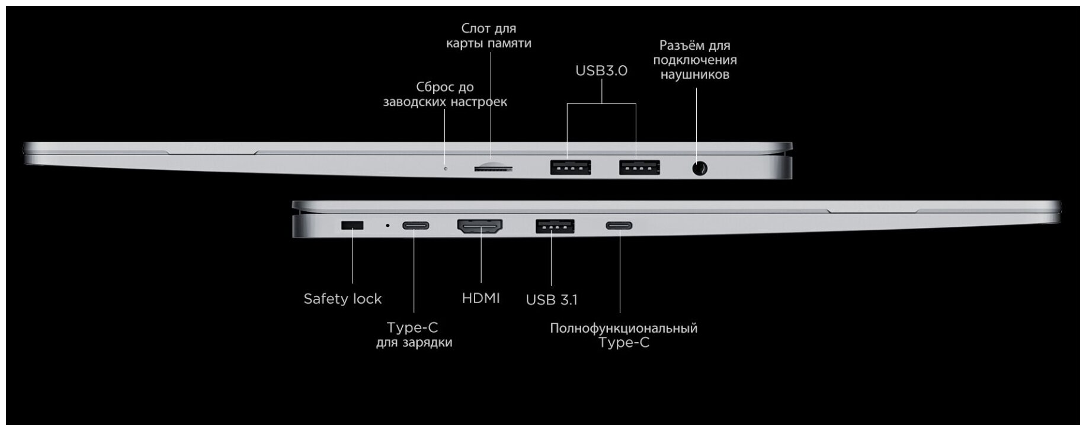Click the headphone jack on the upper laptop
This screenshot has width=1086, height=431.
(700, 169)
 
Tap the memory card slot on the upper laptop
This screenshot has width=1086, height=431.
(493, 168)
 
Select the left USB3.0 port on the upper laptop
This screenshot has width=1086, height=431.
(571, 168)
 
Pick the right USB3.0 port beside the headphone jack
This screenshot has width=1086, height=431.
(639, 168)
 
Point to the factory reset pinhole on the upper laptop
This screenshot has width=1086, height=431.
(446, 169)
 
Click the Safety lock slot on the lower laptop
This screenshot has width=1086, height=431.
(353, 226)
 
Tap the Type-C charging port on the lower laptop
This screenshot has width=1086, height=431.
(415, 226)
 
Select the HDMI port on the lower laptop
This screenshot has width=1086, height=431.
(480, 226)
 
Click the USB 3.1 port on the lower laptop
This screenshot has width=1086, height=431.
(555, 226)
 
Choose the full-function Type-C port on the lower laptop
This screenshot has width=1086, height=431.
(619, 226)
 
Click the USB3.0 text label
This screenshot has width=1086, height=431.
(601, 70)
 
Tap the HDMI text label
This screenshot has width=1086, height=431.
(480, 298)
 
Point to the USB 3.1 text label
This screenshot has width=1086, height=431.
(551, 300)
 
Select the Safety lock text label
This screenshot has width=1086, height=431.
(342, 298)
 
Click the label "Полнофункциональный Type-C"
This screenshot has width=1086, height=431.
(623, 335)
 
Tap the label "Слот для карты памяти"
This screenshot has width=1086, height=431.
(489, 36)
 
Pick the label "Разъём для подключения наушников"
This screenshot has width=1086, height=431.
(695, 60)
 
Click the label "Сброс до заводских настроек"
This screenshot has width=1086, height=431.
(445, 94)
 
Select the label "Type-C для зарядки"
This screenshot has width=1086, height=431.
(414, 334)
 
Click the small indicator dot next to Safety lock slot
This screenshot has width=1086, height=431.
(388, 226)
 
